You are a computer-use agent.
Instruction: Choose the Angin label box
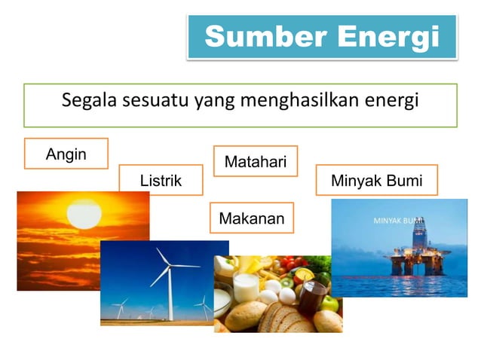tap(66, 154)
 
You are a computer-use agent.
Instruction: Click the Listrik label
tap(161, 181)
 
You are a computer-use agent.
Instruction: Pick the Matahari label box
tap(255, 161)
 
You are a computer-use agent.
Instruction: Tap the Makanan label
tap(251, 219)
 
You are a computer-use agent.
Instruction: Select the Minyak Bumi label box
tap(376, 181)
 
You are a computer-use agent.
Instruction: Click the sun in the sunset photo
tap(84, 214)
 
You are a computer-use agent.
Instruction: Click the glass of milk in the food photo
tap(246, 287)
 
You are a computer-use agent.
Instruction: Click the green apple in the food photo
tap(329, 304)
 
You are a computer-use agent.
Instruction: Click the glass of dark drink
tap(309, 298)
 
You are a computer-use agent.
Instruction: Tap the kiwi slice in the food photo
tap(287, 284)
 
